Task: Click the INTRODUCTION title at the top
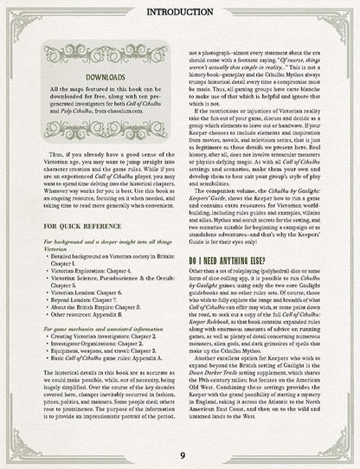(x=181, y=11)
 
